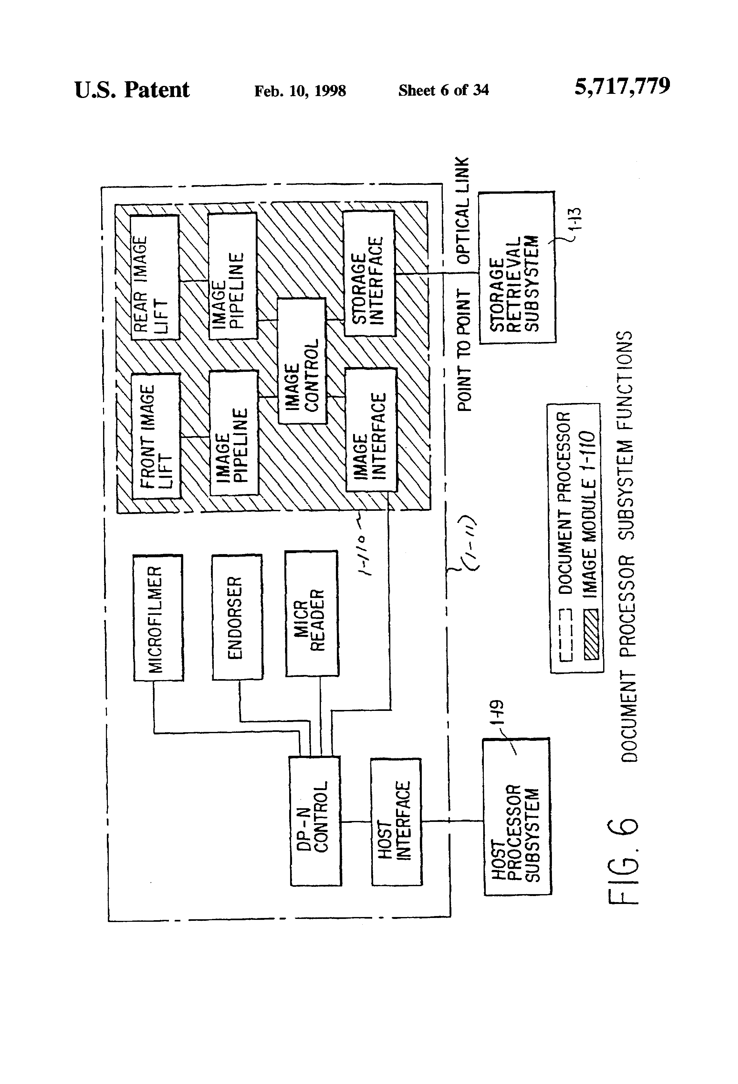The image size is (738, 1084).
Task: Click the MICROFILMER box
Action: click(158, 618)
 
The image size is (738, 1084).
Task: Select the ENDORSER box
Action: click(237, 617)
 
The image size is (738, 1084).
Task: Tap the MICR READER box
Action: click(312, 613)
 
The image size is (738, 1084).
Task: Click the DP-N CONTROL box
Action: click(315, 821)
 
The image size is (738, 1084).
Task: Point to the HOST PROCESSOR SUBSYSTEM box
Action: click(517, 816)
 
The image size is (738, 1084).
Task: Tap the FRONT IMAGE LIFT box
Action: click(156, 436)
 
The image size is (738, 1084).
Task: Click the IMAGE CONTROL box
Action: click(302, 361)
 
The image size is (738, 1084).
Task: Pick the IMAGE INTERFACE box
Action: click(371, 430)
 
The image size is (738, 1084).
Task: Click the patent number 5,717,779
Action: click(622, 87)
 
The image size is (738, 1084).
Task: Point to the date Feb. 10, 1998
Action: click(300, 90)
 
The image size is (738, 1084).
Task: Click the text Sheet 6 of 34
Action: click(443, 90)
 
